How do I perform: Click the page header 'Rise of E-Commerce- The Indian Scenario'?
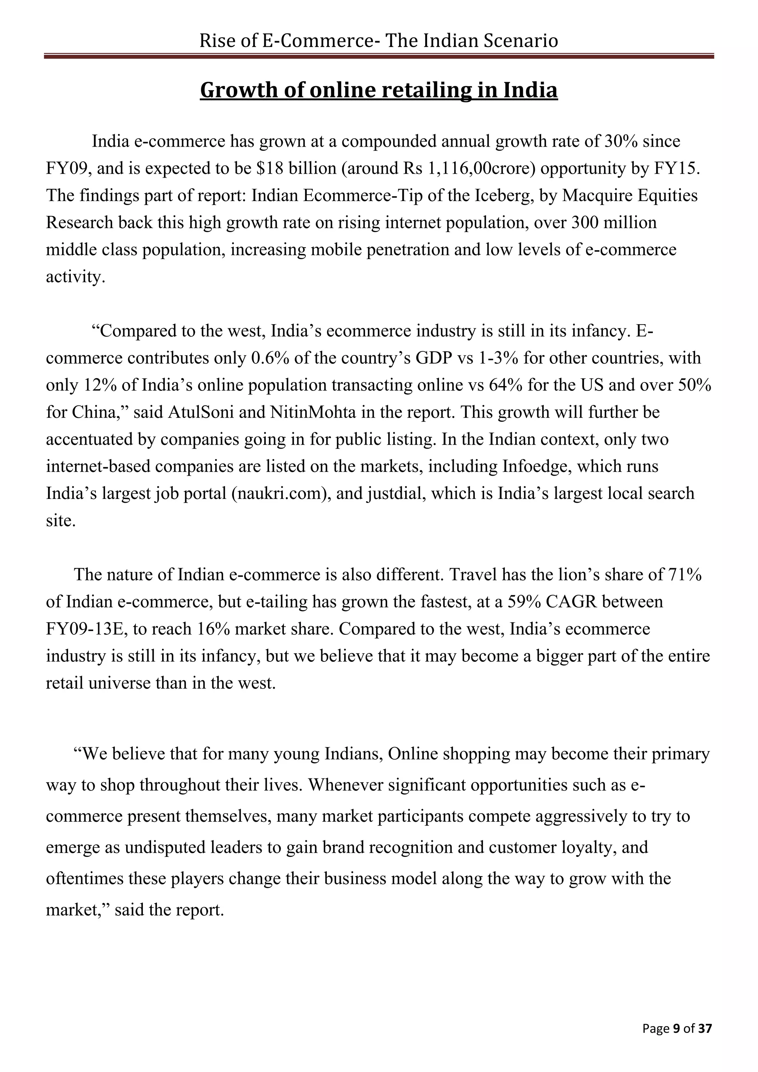379,41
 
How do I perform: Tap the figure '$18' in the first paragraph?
270,168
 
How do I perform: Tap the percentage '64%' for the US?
506,385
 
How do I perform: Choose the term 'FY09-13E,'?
86,629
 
